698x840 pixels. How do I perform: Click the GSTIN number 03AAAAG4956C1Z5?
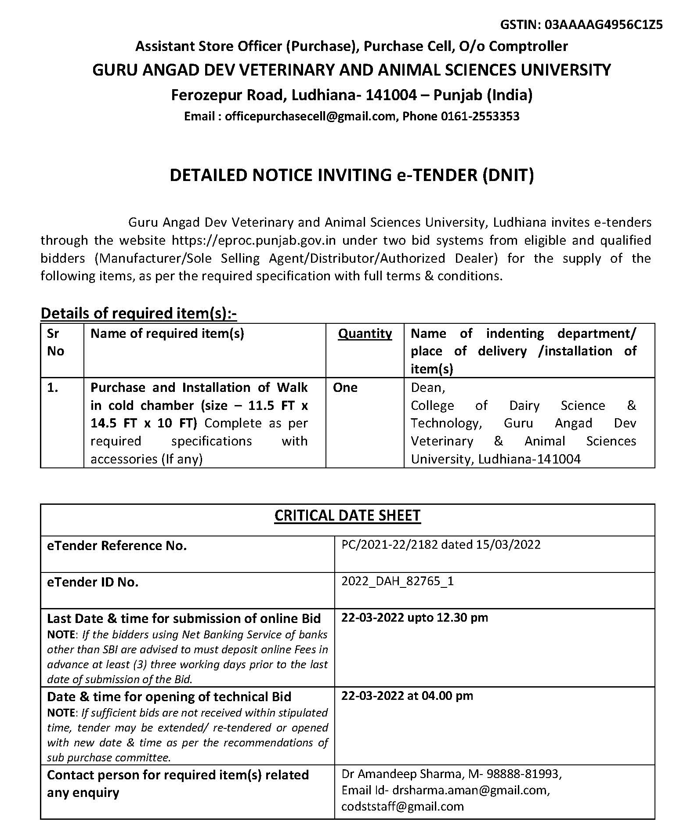[x=603, y=25]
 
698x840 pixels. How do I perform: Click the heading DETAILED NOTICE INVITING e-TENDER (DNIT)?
[x=352, y=175]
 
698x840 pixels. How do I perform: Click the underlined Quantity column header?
[x=365, y=333]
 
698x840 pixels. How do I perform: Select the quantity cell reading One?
[x=345, y=387]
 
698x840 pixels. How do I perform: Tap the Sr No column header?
[x=55, y=342]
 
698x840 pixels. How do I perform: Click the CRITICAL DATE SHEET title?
[x=347, y=515]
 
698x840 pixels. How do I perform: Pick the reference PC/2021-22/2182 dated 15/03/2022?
[x=441, y=545]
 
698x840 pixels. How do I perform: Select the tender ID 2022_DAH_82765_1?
[x=398, y=581]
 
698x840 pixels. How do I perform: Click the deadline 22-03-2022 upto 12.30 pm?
[x=415, y=618]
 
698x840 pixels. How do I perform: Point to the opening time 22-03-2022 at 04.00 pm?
[x=407, y=696]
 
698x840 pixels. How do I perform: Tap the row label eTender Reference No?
[x=117, y=546]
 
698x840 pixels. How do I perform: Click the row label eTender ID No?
[x=93, y=582]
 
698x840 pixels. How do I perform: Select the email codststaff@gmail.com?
[x=402, y=807]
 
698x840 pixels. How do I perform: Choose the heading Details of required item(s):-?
[x=139, y=313]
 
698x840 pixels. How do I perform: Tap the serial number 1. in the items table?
[x=53, y=387]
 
